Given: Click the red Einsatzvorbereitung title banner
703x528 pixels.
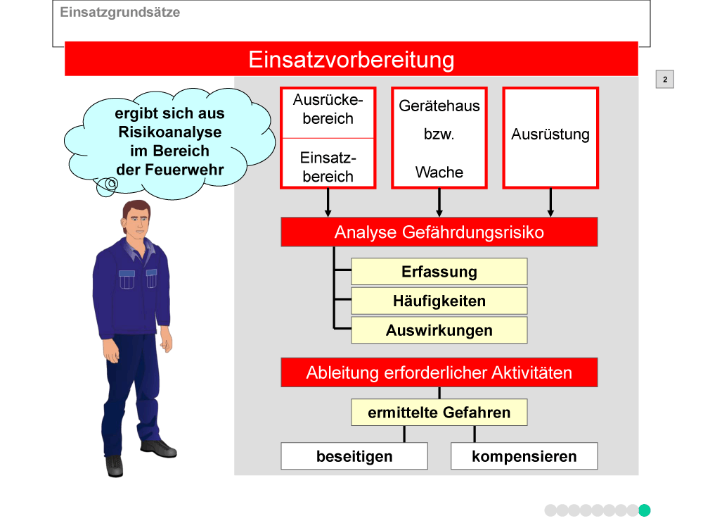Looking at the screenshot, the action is click(x=351, y=59).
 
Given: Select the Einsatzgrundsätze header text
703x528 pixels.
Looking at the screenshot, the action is click(x=120, y=12).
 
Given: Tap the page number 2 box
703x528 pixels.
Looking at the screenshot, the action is click(x=664, y=80).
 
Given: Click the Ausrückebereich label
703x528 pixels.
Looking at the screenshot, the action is click(x=328, y=109).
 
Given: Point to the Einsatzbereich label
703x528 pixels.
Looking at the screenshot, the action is click(x=328, y=167).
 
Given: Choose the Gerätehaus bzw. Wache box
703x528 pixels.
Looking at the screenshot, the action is click(x=439, y=138).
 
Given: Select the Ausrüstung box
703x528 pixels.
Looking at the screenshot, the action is click(x=550, y=138).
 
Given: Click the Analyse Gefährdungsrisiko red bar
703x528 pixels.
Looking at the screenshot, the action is click(x=439, y=232).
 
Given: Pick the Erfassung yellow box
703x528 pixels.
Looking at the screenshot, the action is click(x=439, y=272).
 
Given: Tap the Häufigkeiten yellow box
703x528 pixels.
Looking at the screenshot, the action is click(x=439, y=301).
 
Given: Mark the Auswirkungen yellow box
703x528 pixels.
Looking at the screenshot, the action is click(x=439, y=330).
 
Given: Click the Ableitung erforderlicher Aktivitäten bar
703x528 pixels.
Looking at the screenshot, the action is click(x=439, y=372).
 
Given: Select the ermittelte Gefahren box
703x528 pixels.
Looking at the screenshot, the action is click(x=439, y=412).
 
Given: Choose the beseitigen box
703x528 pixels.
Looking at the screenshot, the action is click(x=354, y=456).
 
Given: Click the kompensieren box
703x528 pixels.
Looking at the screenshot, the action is click(x=524, y=456).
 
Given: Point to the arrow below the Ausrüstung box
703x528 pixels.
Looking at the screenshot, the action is click(x=550, y=203).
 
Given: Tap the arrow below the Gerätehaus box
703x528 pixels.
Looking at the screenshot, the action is click(x=439, y=203).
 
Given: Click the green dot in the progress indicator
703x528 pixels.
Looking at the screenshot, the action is click(x=644, y=510).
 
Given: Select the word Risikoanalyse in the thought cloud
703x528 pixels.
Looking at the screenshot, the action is click(x=170, y=132).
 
